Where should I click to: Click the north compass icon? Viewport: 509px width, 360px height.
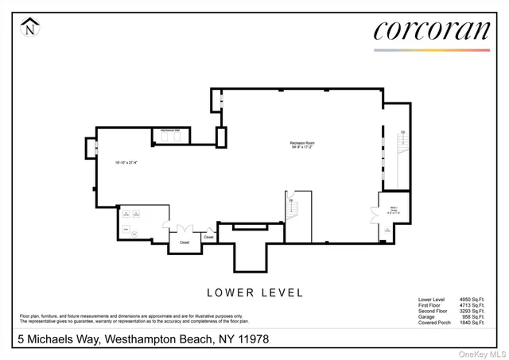[30, 29]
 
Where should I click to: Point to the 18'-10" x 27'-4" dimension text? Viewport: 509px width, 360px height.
[126, 163]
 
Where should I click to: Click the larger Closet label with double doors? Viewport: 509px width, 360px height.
[184, 242]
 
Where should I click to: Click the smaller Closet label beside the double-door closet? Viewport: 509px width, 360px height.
[208, 237]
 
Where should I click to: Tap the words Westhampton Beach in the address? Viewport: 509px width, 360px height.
[153, 339]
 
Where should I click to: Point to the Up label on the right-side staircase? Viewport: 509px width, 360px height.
[403, 132]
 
